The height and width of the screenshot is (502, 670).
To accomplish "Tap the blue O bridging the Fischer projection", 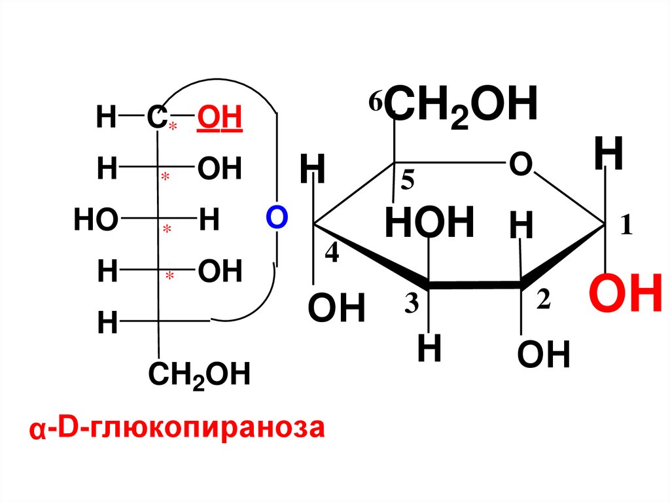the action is (x=277, y=217).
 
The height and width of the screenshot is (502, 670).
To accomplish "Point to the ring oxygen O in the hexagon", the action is (x=521, y=164).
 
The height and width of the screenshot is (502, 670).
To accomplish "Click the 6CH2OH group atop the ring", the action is (x=461, y=106).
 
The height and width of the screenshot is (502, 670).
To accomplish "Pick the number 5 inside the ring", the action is (x=408, y=183).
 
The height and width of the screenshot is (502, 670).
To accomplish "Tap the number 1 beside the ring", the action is (x=626, y=226).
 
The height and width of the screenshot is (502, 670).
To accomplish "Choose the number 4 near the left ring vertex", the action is (x=332, y=254).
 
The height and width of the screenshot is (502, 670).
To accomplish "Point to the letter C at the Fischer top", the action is (x=155, y=118).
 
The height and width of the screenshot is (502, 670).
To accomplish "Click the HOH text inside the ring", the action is (x=429, y=223).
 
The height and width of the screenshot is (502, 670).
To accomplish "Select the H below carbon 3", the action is (x=429, y=351).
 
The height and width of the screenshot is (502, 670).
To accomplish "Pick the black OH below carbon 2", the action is (x=543, y=356).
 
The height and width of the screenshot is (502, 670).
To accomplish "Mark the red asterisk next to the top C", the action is (x=173, y=127).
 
